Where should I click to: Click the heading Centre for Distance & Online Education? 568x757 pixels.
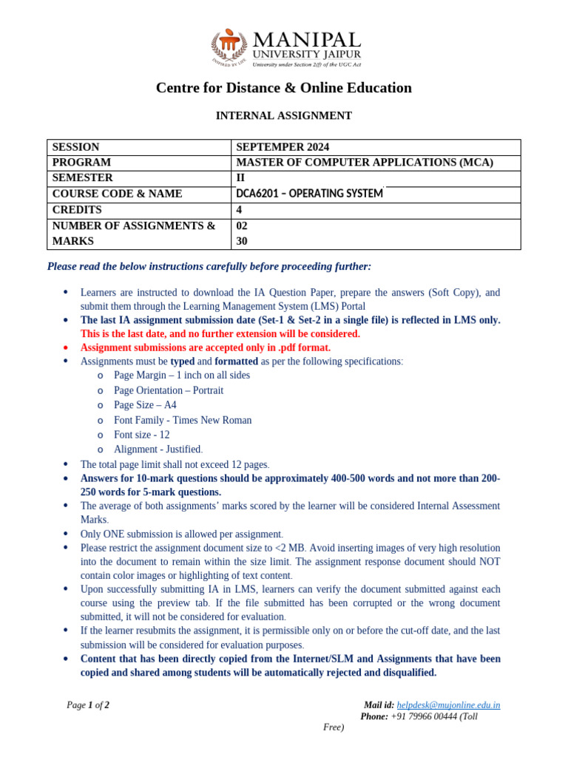(283, 88)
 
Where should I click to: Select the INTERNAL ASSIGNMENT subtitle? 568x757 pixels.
(283, 116)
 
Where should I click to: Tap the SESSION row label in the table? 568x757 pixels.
(75, 147)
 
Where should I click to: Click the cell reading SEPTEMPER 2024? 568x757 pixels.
(283, 147)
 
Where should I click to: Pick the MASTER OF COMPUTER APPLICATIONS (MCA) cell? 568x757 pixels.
(364, 163)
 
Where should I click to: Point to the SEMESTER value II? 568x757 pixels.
(240, 178)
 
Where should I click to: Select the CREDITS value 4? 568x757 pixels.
(239, 210)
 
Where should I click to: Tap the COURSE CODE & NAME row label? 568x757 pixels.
(117, 194)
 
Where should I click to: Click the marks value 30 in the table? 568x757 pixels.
(242, 241)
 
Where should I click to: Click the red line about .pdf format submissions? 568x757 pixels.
(206, 347)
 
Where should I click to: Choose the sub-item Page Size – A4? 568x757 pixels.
(145, 405)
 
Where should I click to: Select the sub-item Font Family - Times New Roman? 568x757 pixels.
(183, 420)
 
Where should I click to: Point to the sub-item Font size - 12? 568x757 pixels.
(142, 435)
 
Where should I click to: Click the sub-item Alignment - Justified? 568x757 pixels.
(158, 449)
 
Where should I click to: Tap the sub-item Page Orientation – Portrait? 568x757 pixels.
(169, 390)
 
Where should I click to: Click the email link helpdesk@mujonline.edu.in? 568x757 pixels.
(448, 705)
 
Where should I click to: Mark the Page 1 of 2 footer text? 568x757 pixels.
(88, 705)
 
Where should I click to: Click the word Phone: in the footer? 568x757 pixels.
(374, 716)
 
